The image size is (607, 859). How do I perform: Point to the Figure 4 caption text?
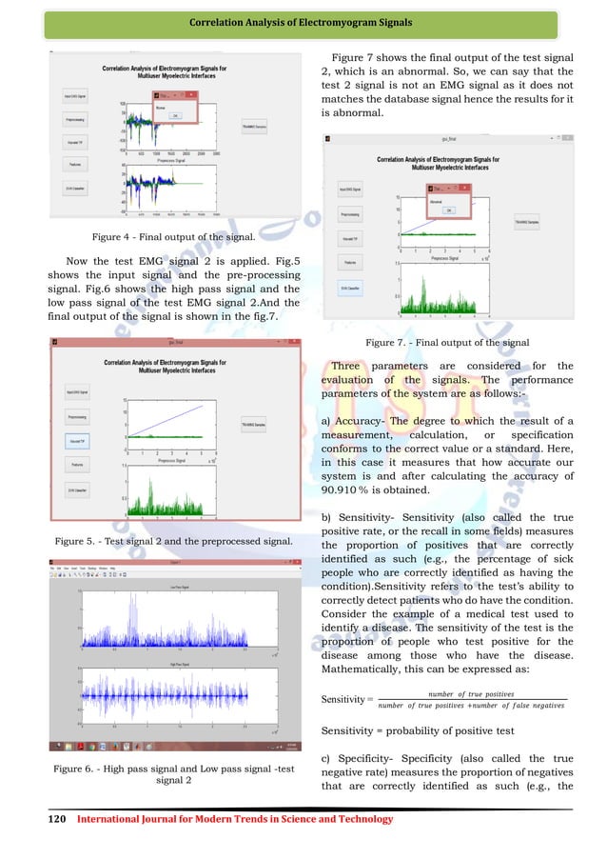tap(172, 235)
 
